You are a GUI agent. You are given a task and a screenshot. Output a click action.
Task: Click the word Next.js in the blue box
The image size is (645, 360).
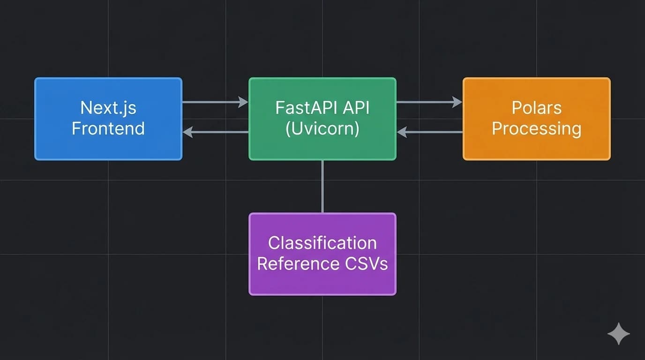click(108, 108)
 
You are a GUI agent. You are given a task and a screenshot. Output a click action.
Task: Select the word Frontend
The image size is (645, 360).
click(108, 128)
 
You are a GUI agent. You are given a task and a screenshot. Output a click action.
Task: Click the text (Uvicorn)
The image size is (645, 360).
click(322, 128)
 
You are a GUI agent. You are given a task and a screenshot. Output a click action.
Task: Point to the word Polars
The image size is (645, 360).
click(537, 108)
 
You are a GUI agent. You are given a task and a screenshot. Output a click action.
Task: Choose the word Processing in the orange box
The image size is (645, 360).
click(537, 128)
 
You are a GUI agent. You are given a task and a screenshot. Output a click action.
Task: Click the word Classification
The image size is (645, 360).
click(322, 243)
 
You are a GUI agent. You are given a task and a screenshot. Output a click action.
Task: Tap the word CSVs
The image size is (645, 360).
click(367, 263)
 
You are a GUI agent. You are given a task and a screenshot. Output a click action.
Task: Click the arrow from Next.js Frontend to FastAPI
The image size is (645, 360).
click(215, 102)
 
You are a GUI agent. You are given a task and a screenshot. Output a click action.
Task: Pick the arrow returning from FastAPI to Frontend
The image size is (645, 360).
click(216, 132)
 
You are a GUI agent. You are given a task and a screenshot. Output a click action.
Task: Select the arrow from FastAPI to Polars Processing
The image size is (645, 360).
click(429, 102)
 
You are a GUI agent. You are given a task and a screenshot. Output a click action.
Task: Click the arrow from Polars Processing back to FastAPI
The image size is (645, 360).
click(430, 132)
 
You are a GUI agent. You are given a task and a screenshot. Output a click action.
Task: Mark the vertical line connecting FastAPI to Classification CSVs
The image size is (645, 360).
click(322, 187)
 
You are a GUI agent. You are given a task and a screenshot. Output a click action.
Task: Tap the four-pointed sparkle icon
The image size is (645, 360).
click(618, 334)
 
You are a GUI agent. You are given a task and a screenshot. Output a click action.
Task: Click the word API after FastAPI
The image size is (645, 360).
click(356, 108)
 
